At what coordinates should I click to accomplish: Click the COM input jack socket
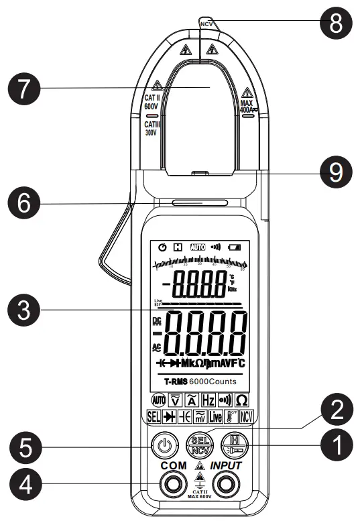pyautogui.click(x=173, y=485)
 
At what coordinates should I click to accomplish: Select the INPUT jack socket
pyautogui.click(x=227, y=485)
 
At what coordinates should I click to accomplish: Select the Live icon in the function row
pyautogui.click(x=215, y=416)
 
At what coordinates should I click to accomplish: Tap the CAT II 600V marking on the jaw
pyautogui.click(x=152, y=101)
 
